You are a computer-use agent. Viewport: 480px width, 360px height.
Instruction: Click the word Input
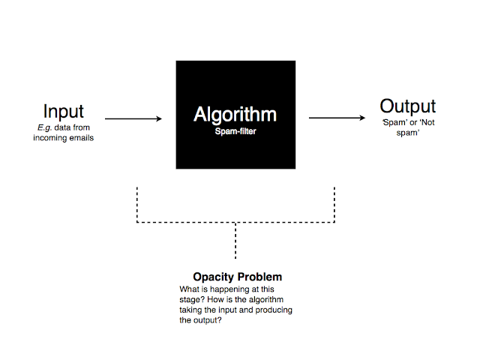click(x=63, y=111)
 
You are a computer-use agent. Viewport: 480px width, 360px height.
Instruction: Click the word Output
click(x=407, y=106)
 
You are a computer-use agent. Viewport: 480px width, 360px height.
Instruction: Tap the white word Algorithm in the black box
click(x=235, y=115)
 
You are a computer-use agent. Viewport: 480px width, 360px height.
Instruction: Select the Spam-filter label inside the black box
click(x=235, y=131)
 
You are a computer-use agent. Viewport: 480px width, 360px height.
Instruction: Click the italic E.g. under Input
click(x=45, y=128)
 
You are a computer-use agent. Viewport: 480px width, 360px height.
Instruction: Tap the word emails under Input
click(x=79, y=139)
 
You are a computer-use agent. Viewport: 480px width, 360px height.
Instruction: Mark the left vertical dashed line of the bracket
click(x=137, y=203)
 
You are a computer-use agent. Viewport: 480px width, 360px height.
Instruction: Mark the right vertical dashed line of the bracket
click(x=334, y=203)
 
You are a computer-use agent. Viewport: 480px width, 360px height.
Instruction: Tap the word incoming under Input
click(x=49, y=139)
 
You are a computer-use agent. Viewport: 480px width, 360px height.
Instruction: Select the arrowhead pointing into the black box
click(x=158, y=118)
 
